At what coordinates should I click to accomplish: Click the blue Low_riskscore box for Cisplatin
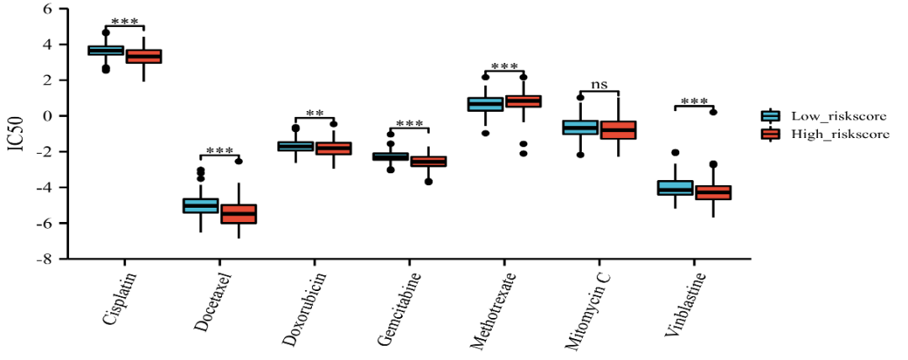106,50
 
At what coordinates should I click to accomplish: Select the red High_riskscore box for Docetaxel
238,214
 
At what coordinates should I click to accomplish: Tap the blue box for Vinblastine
675,188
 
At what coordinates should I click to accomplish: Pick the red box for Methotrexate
522,101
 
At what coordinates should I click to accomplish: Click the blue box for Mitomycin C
580,127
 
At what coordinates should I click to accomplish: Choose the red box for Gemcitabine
428,161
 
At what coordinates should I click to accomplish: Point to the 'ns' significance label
599,85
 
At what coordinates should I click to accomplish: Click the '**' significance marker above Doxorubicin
314,114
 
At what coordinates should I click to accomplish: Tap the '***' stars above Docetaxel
219,151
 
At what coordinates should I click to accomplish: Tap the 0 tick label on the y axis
48,116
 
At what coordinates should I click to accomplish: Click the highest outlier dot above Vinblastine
713,112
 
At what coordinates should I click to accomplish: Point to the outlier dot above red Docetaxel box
239,161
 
